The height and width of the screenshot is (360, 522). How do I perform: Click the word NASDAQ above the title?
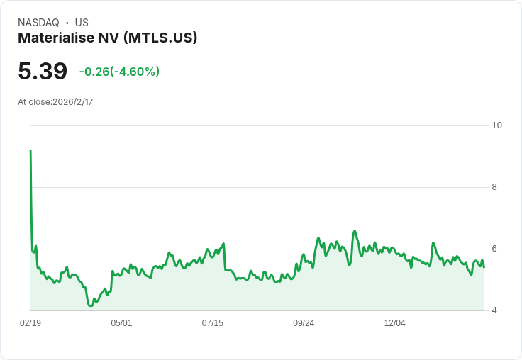click(38, 23)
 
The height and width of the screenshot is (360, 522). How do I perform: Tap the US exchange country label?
click(82, 23)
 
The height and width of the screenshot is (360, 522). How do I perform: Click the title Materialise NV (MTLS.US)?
click(108, 38)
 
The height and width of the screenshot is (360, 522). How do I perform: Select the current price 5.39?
click(43, 71)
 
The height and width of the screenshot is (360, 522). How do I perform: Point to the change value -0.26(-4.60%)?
click(120, 72)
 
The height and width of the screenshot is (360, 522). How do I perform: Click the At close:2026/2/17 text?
click(55, 102)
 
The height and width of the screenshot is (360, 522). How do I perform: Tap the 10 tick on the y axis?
click(496, 125)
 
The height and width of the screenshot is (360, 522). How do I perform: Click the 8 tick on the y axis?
click(494, 187)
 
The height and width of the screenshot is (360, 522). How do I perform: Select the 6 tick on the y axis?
click(494, 249)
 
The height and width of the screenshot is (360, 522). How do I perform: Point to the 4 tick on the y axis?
click(494, 310)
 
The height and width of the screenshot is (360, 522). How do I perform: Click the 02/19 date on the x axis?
click(30, 322)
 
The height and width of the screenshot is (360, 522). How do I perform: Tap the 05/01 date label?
click(121, 322)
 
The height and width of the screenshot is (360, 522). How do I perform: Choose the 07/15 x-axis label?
click(212, 322)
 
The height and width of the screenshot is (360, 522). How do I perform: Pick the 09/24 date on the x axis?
click(304, 322)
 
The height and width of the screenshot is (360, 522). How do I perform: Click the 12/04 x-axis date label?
click(395, 322)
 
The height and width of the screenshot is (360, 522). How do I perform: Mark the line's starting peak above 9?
click(30, 151)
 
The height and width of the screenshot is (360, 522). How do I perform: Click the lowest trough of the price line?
click(91, 305)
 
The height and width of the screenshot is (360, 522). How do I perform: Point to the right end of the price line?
click(484, 267)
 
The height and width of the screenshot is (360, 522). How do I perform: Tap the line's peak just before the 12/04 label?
click(355, 230)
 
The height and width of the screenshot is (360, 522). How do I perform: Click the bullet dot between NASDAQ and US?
click(67, 23)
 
